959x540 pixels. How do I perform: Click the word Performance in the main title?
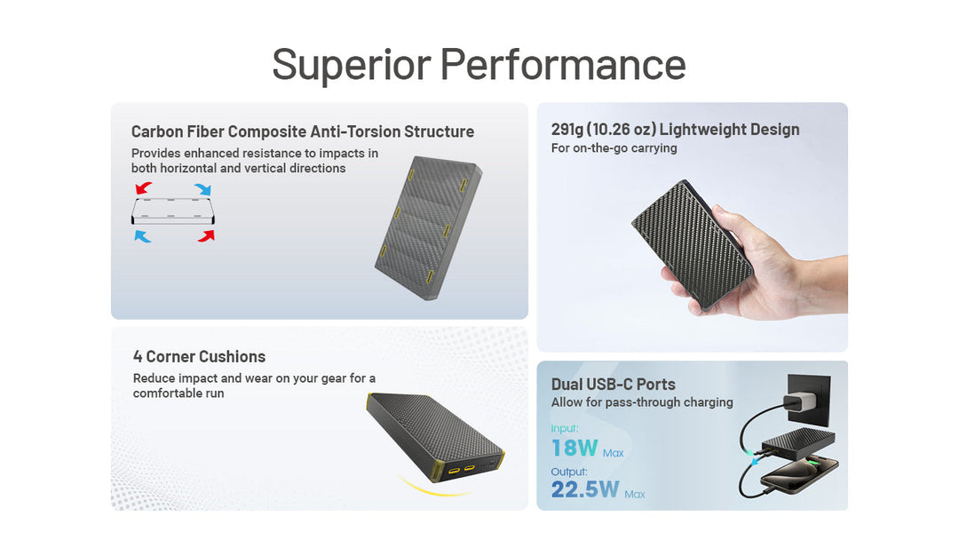click(x=563, y=64)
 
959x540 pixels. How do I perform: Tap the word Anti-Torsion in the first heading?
click(x=355, y=131)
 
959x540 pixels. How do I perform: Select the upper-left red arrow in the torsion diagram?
click(x=143, y=189)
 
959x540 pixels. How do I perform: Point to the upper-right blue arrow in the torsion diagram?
click(x=203, y=189)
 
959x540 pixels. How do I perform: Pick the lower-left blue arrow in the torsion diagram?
click(x=143, y=235)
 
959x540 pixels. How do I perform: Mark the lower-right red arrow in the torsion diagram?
click(x=206, y=235)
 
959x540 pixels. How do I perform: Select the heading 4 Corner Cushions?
click(x=199, y=356)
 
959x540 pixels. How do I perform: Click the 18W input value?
click(x=574, y=448)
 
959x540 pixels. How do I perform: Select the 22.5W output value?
click(x=585, y=489)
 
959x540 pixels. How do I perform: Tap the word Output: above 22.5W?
click(x=568, y=472)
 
